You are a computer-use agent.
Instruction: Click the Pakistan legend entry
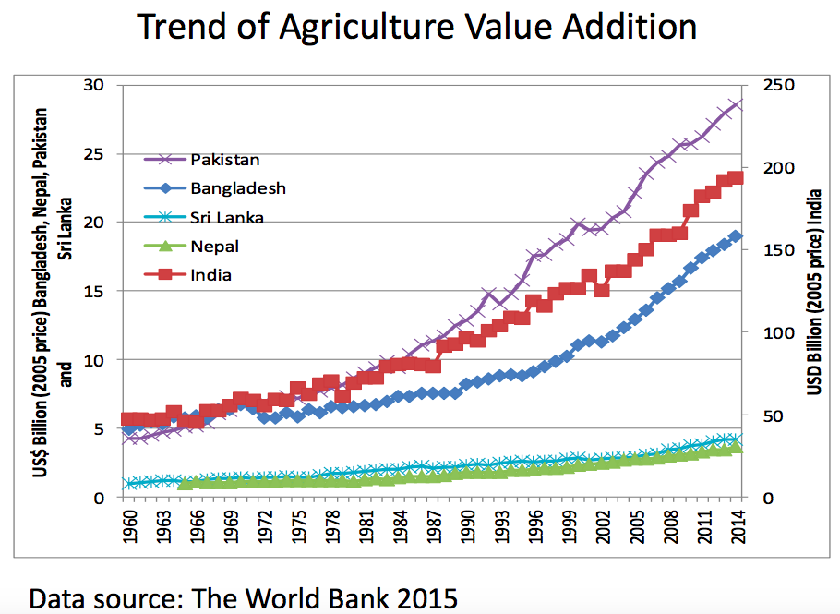[x=226, y=159]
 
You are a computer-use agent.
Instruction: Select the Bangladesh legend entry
[x=238, y=187]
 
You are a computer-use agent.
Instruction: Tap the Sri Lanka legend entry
[x=227, y=217]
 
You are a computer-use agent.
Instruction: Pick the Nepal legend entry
[x=214, y=246]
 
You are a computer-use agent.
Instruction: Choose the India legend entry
[x=211, y=274]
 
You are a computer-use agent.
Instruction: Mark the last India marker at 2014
[x=736, y=177]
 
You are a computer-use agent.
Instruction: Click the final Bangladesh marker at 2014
[x=736, y=236]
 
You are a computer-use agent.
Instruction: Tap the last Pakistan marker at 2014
[x=736, y=103]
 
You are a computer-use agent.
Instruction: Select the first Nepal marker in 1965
[x=186, y=483]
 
